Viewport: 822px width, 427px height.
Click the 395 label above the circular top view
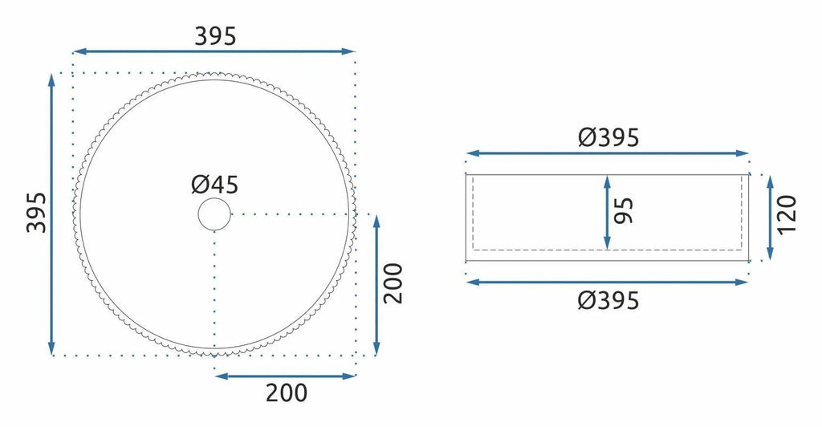point(215,36)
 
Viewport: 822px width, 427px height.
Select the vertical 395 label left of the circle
point(37,213)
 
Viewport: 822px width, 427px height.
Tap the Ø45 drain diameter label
point(215,185)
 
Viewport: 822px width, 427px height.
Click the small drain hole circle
point(214,214)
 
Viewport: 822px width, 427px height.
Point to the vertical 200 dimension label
point(393,283)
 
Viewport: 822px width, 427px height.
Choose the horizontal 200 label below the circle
point(287,393)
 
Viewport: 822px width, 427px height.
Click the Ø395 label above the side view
point(608,138)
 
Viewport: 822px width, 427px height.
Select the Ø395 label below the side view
point(608,301)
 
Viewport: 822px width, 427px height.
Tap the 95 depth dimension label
point(624,210)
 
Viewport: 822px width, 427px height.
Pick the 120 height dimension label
point(787,215)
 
